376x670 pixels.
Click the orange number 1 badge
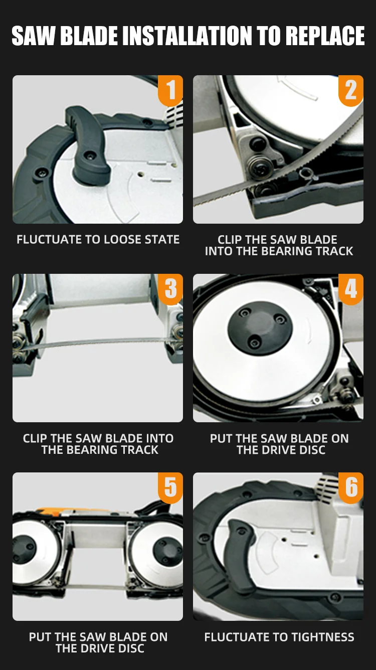pyautogui.click(x=170, y=90)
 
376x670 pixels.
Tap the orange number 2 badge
pyautogui.click(x=351, y=90)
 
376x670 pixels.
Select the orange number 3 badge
pyautogui.click(x=170, y=289)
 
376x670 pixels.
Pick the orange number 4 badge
pyautogui.click(x=351, y=289)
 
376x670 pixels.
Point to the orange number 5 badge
pyautogui.click(x=170, y=487)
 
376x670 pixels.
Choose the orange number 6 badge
pyautogui.click(x=351, y=487)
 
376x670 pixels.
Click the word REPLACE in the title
pyautogui.click(x=325, y=36)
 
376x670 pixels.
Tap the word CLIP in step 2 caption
pyautogui.click(x=230, y=240)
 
